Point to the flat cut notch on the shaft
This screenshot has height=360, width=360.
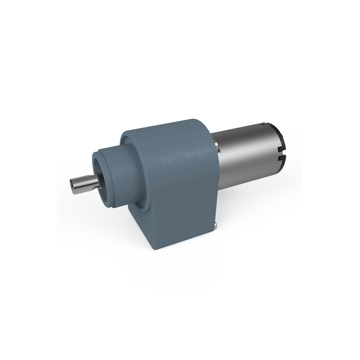[x=96, y=183]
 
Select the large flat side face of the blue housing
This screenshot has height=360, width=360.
[x=180, y=189]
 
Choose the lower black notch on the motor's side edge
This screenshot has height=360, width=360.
[x=283, y=158]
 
